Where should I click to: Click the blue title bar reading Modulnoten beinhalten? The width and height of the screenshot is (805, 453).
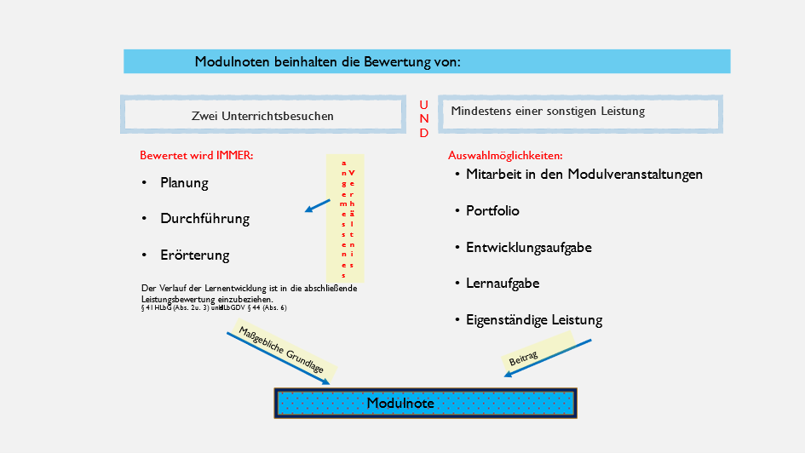(426, 61)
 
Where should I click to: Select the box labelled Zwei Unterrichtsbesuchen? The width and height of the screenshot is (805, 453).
(262, 116)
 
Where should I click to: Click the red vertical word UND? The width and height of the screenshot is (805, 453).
(424, 118)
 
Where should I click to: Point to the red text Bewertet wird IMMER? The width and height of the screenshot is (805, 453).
(197, 157)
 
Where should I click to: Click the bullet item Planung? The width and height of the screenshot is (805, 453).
(184, 183)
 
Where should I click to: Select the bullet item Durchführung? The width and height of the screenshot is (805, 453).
(204, 219)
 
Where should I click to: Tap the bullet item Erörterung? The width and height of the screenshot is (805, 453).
(194, 255)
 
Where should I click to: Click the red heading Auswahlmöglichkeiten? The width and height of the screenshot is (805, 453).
(505, 157)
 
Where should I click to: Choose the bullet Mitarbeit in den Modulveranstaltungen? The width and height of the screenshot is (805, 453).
(584, 175)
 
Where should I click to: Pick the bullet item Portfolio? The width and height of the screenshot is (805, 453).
(492, 211)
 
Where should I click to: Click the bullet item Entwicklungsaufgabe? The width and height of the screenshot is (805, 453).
(528, 248)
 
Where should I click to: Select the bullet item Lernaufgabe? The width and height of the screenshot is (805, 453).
(503, 284)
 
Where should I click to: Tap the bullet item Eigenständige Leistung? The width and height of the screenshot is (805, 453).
(533, 321)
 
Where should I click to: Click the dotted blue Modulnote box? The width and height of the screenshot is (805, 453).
(426, 404)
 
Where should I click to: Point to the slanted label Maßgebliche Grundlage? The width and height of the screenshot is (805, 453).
(282, 350)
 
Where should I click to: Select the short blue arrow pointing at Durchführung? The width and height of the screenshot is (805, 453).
(318, 205)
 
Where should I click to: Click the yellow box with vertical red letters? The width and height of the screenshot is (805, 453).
(348, 218)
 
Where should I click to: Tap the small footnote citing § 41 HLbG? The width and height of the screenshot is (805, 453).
(214, 308)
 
